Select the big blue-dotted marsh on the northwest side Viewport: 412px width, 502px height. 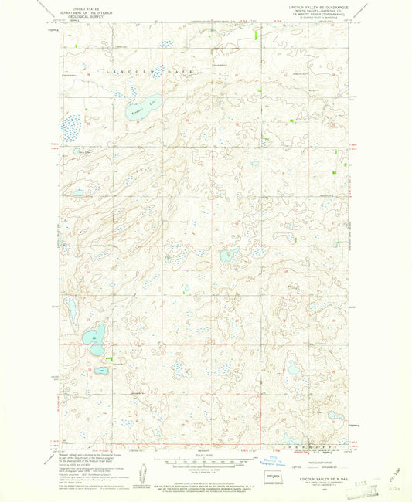point(73,123)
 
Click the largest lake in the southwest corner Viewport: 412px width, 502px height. point(96,338)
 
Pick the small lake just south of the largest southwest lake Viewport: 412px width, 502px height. point(101,371)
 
